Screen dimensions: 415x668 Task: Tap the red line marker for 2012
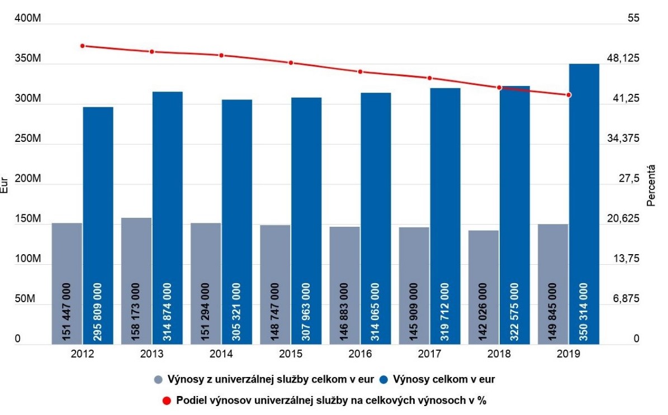(x=82, y=46)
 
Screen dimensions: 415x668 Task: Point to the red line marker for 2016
(x=361, y=72)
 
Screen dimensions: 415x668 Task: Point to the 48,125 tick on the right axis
(x=627, y=58)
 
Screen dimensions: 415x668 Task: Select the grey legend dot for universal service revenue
(x=159, y=380)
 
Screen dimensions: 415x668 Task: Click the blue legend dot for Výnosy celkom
(x=386, y=380)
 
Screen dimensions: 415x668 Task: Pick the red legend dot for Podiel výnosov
(x=167, y=400)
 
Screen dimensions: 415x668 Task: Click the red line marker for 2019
(x=569, y=95)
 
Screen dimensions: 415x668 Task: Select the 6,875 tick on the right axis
(x=627, y=299)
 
